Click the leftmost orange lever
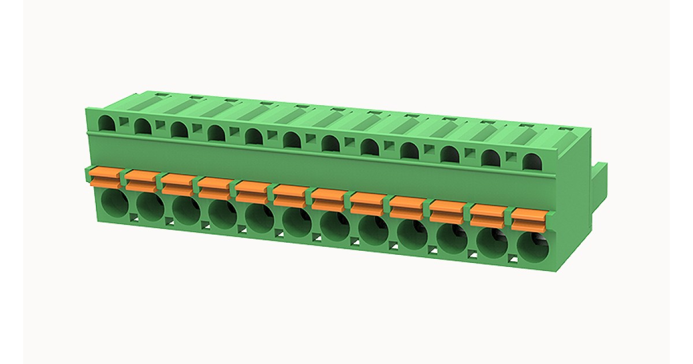point(105,177)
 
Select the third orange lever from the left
point(178,184)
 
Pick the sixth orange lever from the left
point(291,195)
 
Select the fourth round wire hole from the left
point(223,216)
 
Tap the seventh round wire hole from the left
point(334,227)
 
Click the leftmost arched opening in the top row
point(107,123)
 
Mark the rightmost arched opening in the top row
point(530,161)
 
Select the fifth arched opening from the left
point(254,136)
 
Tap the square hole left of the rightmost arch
point(511,156)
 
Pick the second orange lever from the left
point(141,180)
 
